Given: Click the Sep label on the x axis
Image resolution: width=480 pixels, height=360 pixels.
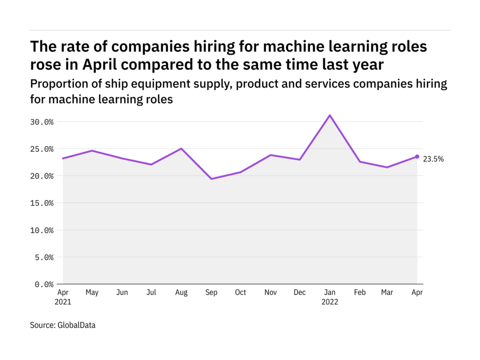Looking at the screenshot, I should coord(211,292).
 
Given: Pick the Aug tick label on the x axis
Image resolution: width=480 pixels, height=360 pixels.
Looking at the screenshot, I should coord(181,292).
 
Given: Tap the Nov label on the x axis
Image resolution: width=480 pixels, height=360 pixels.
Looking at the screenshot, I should coord(270,292).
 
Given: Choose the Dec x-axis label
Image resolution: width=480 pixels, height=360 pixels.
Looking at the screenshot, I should coord(300,292).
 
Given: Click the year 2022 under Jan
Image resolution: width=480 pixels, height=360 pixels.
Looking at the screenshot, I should coord(330,302).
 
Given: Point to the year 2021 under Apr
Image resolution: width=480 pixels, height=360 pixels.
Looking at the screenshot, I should coord(63,302).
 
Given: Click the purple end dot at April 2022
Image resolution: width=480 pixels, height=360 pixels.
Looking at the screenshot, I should coord(417,156).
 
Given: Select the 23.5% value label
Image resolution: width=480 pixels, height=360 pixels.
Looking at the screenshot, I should coord(433,159).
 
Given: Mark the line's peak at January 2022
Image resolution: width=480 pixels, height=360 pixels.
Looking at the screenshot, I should coord(330,115).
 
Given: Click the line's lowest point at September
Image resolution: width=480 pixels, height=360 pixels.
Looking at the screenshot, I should coord(211,179).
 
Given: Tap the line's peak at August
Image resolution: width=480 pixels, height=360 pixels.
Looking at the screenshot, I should coord(181,149).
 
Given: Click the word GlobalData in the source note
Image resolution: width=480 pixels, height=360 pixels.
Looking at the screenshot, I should coord(76,325).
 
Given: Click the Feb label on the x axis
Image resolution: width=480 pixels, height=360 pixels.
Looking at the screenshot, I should coord(359,292).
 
